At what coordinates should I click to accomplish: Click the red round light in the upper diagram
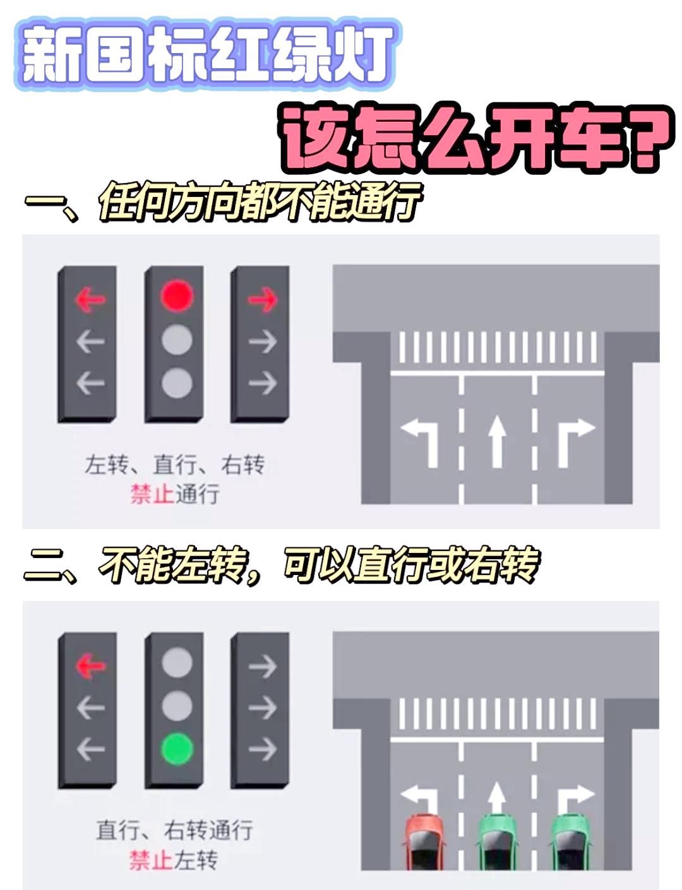pyautogui.click(x=176, y=296)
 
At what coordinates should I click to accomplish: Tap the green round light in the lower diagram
pyautogui.click(x=176, y=749)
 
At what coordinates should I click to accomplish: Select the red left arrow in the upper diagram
pyautogui.click(x=90, y=299)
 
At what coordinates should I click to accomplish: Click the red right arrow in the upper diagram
pyautogui.click(x=262, y=299)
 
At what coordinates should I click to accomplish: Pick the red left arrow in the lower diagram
pyautogui.click(x=90, y=665)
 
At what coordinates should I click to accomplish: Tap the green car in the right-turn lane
pyautogui.click(x=571, y=843)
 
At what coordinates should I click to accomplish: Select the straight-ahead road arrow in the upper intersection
pyautogui.click(x=498, y=439)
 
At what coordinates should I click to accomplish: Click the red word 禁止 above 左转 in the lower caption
pyautogui.click(x=152, y=860)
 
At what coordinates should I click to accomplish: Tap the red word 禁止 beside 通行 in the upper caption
pyautogui.click(x=152, y=494)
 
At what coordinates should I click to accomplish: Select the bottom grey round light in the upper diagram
pyautogui.click(x=176, y=383)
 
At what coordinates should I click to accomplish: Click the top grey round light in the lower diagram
pyautogui.click(x=176, y=663)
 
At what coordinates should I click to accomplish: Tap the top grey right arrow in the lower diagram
pyautogui.click(x=262, y=666)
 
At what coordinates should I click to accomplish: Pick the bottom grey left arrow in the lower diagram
pyautogui.click(x=90, y=749)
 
